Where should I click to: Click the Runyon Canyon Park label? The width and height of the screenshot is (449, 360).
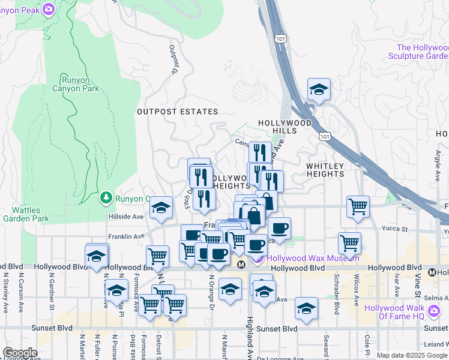[x=80, y=83]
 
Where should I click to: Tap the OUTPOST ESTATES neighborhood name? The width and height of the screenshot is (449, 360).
[x=177, y=112]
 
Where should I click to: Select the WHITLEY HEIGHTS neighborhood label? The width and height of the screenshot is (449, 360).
[x=325, y=170]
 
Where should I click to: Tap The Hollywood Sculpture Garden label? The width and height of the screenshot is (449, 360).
[x=423, y=52]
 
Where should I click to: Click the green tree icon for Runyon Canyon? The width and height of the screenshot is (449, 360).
[x=106, y=197]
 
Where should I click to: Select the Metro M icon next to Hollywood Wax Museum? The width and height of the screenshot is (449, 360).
[x=241, y=265]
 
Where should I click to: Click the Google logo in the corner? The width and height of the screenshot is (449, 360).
[x=20, y=353]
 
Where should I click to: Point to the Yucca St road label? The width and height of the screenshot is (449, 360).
[x=396, y=229]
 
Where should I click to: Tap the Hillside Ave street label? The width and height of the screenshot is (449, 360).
[x=125, y=217]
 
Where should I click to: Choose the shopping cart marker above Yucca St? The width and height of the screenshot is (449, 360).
[x=358, y=206]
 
